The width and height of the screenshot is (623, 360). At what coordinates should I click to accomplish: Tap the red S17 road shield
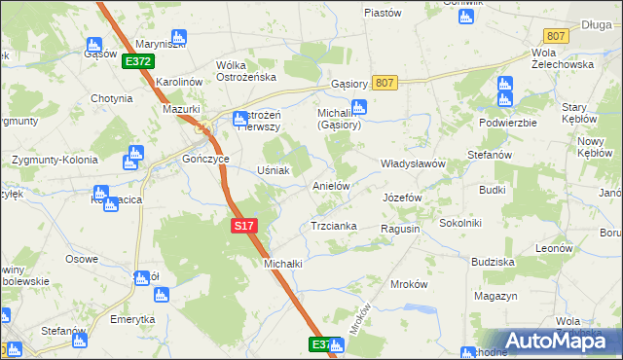point(244,226)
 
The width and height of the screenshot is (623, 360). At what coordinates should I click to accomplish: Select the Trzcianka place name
point(333,226)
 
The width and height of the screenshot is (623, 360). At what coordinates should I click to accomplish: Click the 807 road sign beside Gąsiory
point(384,84)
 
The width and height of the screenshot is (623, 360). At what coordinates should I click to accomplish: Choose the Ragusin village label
point(400,228)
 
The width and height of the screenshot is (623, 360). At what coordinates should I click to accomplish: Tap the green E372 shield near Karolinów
point(138,61)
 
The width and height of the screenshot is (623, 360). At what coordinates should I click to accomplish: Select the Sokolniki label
point(460,223)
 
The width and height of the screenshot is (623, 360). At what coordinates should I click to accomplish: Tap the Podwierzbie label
point(508,124)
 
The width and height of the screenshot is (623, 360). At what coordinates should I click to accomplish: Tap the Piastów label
point(383,13)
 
